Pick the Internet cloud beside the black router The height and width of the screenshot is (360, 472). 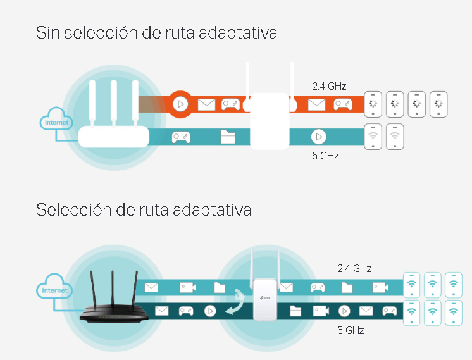point(55,290)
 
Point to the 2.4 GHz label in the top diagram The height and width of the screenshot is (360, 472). point(329,86)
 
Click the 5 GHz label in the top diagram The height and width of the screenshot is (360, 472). point(325,155)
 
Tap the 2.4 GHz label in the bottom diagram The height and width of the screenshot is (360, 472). point(354,268)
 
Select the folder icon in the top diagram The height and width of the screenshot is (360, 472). point(228,137)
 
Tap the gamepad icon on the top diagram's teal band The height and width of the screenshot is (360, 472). point(182,137)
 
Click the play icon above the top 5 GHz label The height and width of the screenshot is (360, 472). point(318,137)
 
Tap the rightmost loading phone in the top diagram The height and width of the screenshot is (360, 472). point(438,104)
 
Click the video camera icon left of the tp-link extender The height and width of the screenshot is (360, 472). point(187,288)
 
